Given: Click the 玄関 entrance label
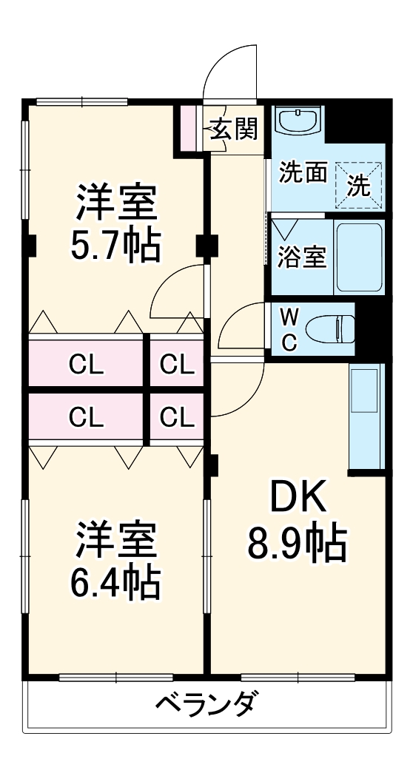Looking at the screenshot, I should point(233,130).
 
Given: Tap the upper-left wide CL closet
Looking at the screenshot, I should point(86,362).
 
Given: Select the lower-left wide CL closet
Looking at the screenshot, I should point(86,418).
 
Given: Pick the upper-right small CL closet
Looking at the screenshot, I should point(177,362).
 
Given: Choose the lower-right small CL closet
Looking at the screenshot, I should point(177,418).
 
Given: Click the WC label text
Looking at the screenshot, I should point(290,329).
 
